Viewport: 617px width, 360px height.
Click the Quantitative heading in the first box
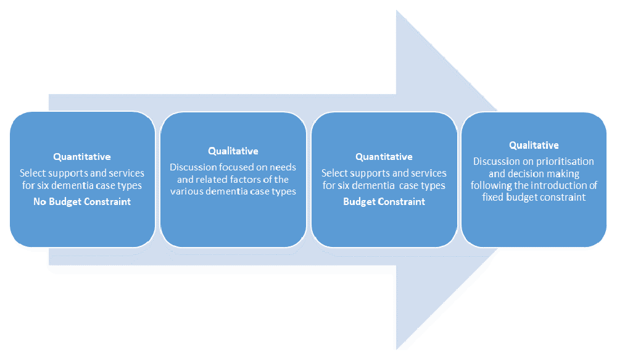pyautogui.click(x=82, y=157)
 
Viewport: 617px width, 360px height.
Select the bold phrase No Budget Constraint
pyautogui.click(x=82, y=202)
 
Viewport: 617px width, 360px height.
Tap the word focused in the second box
pyautogui.click(x=231, y=167)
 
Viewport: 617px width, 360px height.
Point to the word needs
pyautogui.click(x=283, y=167)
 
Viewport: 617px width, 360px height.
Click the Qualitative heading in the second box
pyautogui.click(x=233, y=151)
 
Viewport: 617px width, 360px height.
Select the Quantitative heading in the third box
pyautogui.click(x=384, y=157)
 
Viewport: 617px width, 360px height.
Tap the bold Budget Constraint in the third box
pyautogui.click(x=384, y=202)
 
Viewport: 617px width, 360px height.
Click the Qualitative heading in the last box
pyautogui.click(x=534, y=145)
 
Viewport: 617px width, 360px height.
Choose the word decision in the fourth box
pyautogui.click(x=533, y=174)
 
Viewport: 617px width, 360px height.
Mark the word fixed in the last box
pyautogui.click(x=494, y=198)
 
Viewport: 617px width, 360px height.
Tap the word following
pyautogui.click(x=490, y=185)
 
